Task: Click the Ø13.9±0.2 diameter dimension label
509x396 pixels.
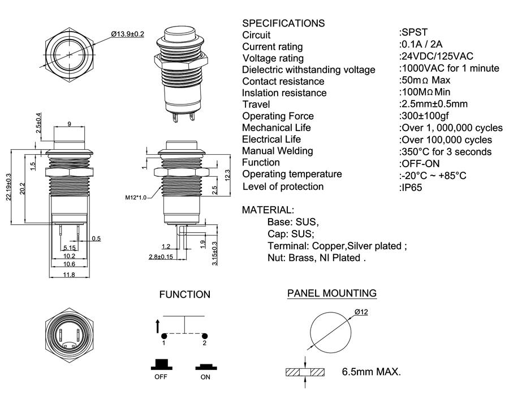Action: [128, 34]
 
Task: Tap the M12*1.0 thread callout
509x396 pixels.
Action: [136, 198]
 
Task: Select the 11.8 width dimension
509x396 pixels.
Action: [69, 275]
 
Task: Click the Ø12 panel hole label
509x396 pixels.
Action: [361, 312]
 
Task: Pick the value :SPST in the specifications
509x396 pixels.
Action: [413, 32]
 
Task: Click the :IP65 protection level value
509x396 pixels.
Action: [411, 187]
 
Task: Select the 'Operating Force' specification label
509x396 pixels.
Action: [278, 116]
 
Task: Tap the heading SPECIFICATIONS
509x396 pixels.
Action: [283, 23]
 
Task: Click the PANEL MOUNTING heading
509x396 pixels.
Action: [332, 293]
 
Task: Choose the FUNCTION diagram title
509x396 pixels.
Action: [185, 294]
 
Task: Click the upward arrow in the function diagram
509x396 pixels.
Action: [158, 325]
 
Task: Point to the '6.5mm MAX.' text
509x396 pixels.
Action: [372, 372]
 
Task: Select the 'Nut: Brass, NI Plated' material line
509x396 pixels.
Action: [317, 258]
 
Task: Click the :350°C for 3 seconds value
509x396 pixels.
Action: [445, 151]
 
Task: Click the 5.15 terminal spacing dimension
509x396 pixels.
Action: [70, 247]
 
